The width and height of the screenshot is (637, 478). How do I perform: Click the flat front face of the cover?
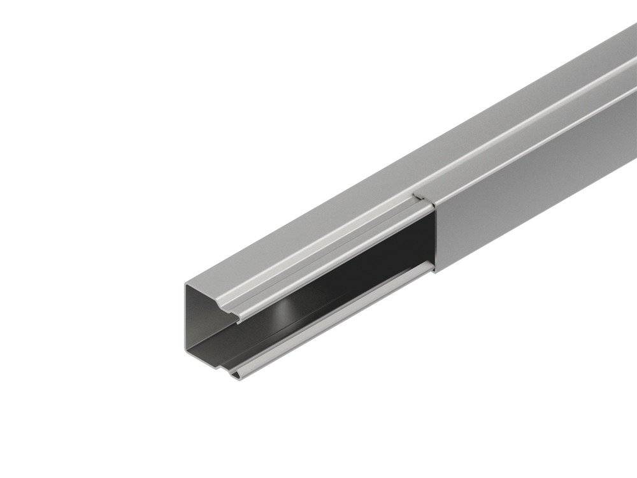(535, 185)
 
